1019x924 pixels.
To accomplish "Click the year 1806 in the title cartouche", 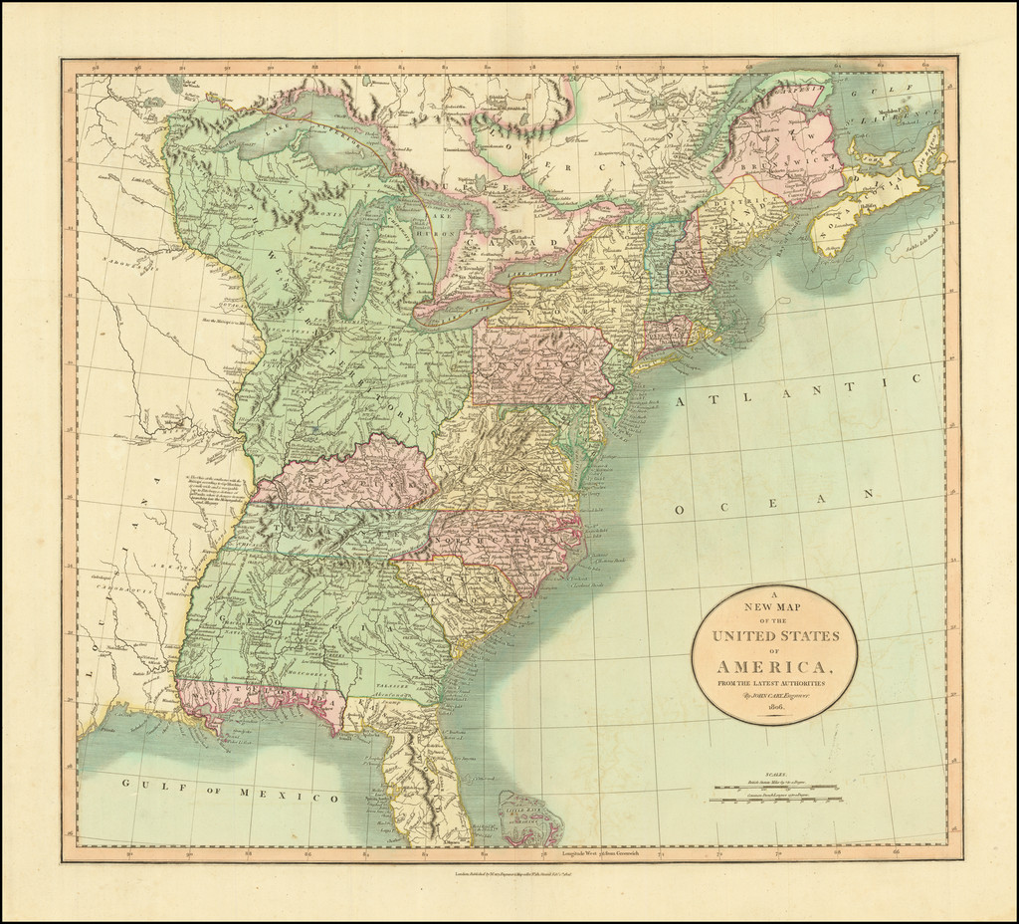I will tap(773, 706).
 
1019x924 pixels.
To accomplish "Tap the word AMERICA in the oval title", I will tap(773, 666).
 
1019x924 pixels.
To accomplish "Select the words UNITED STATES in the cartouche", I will tap(775, 636).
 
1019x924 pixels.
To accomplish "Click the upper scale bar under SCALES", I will tap(777, 788).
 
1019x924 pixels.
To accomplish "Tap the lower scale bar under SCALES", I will tap(777, 799).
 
